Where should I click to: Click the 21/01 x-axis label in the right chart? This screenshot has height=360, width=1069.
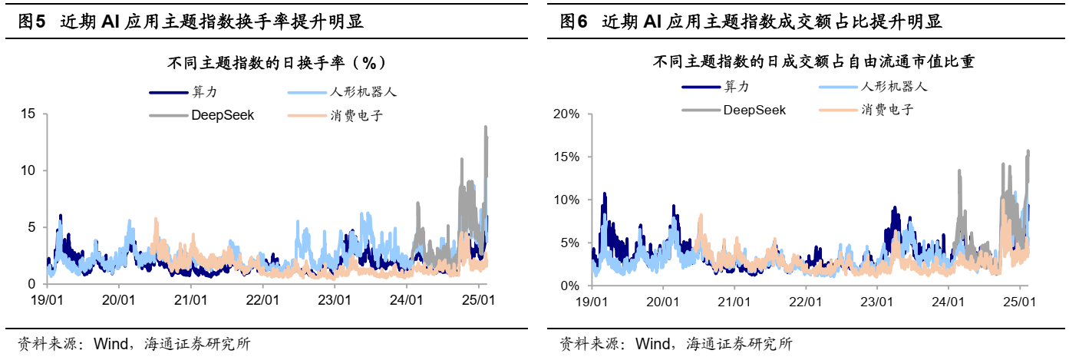733,301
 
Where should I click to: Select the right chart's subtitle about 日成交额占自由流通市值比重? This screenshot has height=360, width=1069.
813,62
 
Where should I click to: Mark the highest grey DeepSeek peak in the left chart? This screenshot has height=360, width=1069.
486,127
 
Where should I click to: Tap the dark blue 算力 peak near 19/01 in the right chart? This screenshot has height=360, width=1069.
604,194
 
